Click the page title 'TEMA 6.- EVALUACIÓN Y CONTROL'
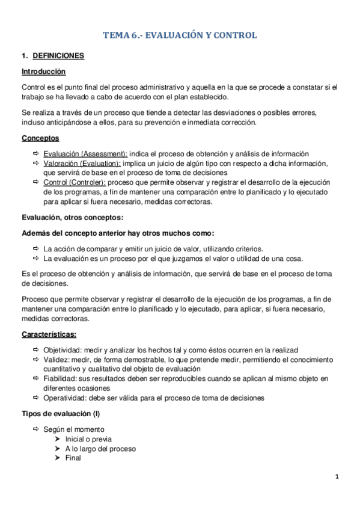[180, 35]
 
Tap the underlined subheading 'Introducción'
[43, 72]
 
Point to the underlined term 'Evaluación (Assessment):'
[85, 154]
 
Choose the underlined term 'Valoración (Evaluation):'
[82, 164]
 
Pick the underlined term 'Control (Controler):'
[76, 183]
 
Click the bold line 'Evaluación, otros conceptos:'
[72, 218]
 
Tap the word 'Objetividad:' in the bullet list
[62, 350]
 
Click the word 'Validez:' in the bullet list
[55, 360]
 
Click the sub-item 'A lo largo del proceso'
[100, 449]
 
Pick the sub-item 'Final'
[73, 458]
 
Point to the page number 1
[338, 478]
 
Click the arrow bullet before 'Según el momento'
[36, 429]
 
